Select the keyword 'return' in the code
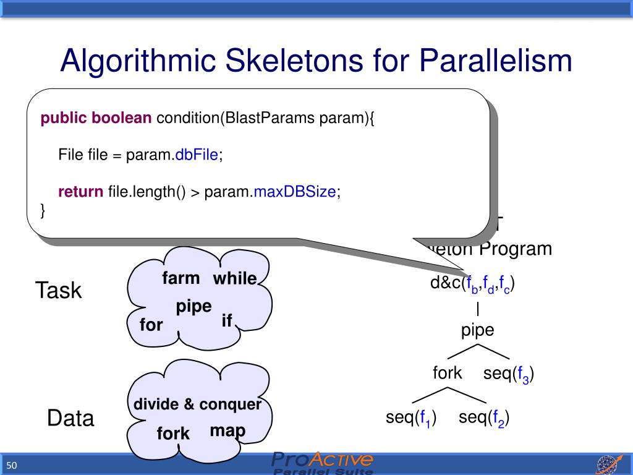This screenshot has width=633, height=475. [80, 192]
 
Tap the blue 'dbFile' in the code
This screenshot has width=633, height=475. [197, 155]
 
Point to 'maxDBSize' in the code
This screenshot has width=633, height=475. [295, 192]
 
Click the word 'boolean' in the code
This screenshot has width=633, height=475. [122, 118]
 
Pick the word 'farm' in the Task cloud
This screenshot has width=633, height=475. [181, 278]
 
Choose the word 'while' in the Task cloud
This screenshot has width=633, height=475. [235, 279]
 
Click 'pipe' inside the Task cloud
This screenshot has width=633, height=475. [194, 306]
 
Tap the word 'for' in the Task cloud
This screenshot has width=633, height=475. [151, 325]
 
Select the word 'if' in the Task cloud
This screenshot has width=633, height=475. [227, 320]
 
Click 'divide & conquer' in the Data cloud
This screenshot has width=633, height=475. [198, 404]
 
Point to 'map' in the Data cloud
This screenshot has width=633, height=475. [227, 430]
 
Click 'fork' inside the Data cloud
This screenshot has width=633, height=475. [173, 434]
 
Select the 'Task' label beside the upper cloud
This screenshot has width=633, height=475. [58, 290]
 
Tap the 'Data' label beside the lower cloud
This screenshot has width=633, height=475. [70, 419]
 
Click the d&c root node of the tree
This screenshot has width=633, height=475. [473, 285]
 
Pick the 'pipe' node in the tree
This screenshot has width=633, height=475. [478, 330]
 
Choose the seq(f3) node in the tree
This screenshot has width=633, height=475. [509, 374]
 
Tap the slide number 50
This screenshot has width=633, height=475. [12, 465]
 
